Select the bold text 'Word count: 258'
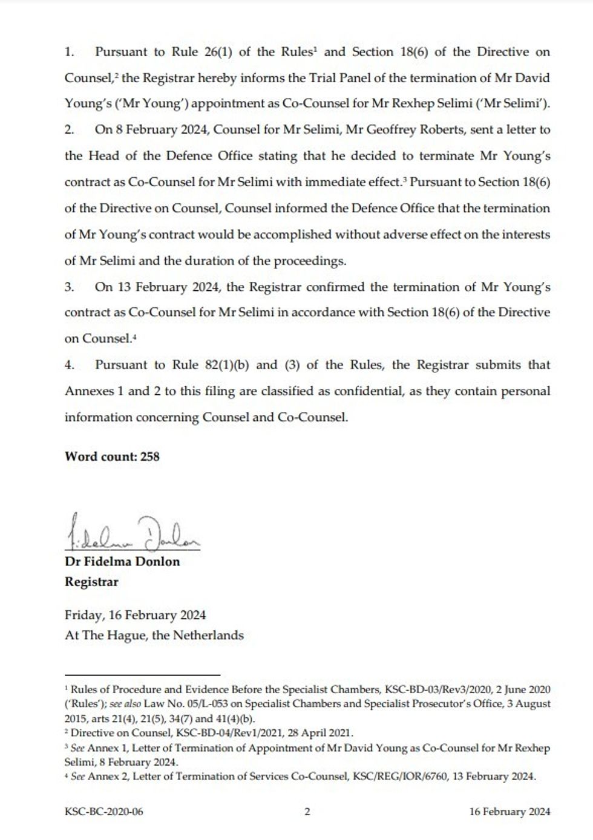pos(112,457)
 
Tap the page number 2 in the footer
pos(307,812)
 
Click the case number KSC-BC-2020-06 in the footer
pos(103,812)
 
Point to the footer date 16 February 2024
pos(509,812)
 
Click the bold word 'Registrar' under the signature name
pos(91,582)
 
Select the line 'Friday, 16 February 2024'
pos(135,615)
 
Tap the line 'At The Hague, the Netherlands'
pos(154,636)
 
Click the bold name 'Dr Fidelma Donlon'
pos(122,561)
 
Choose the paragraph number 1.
pos(68,52)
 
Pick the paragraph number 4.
pos(69,365)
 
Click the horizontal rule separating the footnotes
pos(142,674)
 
